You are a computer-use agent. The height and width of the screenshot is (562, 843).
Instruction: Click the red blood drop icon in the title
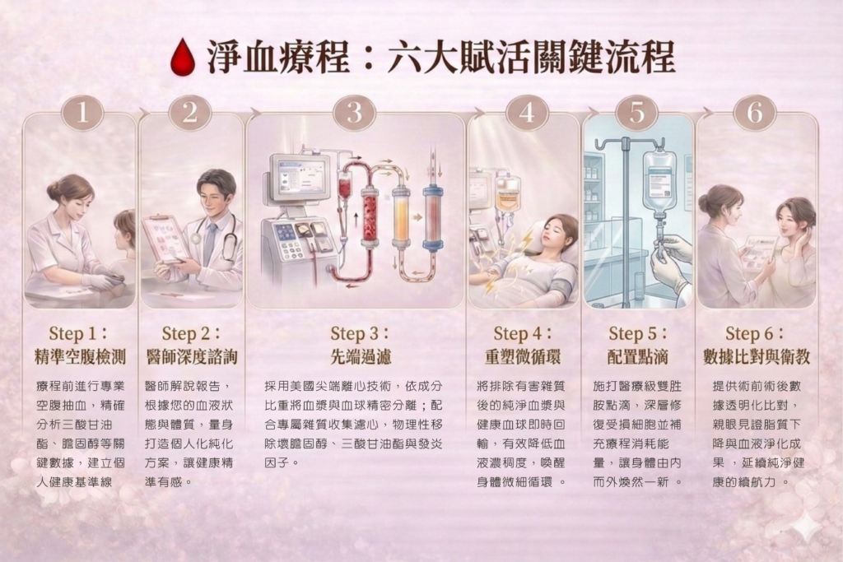pos(182,57)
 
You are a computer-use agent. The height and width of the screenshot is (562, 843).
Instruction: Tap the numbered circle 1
pos(82,113)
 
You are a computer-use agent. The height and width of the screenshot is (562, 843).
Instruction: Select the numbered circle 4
pos(527,113)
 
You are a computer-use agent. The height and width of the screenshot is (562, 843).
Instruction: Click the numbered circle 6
pos(755,113)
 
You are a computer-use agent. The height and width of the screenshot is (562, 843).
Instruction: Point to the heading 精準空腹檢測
pos(80,356)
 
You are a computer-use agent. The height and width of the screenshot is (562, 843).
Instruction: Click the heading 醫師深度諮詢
pos(192,356)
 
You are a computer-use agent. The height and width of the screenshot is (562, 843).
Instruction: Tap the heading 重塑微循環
pos(523,356)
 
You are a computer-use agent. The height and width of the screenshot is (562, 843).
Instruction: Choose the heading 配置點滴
pos(638,356)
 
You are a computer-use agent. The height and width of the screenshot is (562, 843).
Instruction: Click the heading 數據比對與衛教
pos(757,356)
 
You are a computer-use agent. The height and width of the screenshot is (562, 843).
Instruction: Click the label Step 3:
pos(360,333)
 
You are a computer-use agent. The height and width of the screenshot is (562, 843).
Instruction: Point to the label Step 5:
pos(638,333)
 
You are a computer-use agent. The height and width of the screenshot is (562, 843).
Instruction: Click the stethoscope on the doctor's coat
pos(222,236)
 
